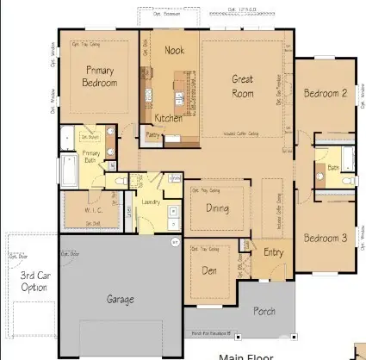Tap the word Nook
pos(175,51)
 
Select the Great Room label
pos(242,85)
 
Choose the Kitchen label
pos(168,117)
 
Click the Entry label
pos(272,252)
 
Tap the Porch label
pos(264,313)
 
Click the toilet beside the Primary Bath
pos(120,182)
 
